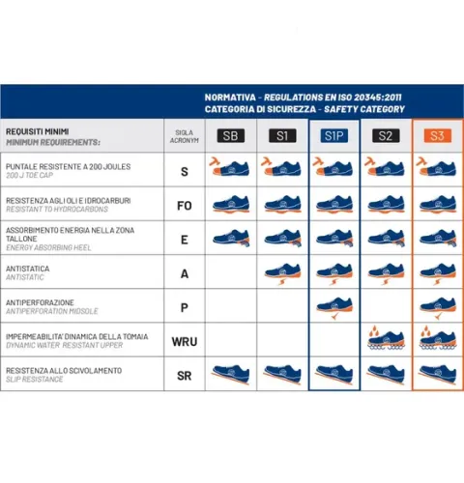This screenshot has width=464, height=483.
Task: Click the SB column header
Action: (231, 136)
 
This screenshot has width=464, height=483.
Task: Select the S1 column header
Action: (281, 136)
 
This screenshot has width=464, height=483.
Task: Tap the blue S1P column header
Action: (333, 136)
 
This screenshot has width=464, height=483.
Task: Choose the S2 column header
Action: (385, 136)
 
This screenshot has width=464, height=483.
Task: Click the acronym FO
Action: (184, 204)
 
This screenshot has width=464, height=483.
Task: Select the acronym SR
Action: (184, 374)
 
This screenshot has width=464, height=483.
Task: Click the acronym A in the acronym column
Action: (184, 272)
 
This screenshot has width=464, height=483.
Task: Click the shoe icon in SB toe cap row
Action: (231, 170)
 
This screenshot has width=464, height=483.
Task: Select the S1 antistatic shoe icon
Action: (282, 271)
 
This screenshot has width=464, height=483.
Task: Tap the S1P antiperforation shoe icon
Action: (333, 306)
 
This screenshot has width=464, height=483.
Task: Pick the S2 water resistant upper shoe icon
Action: (385, 339)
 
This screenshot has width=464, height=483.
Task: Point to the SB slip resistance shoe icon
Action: (231, 373)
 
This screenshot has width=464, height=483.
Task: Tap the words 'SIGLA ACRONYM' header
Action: (184, 136)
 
